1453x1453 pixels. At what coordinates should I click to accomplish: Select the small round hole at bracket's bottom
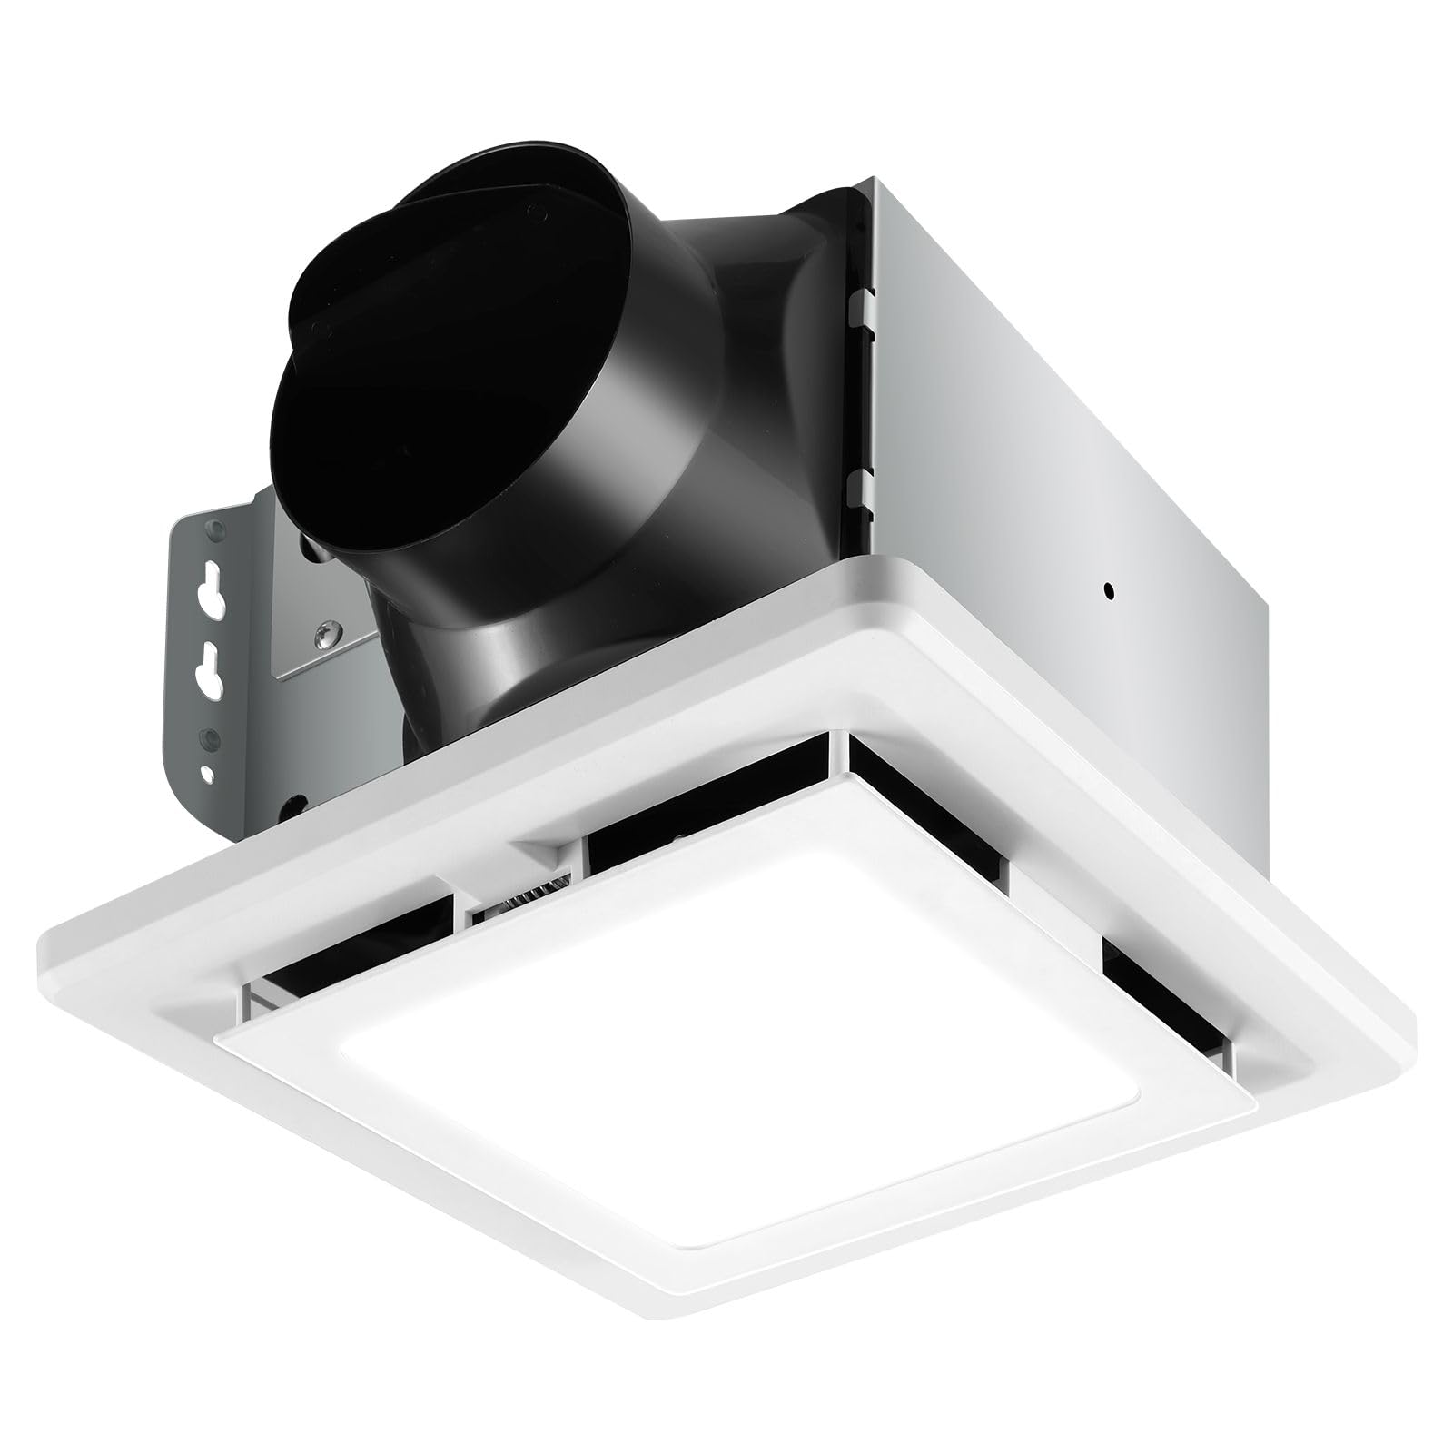coord(212,775)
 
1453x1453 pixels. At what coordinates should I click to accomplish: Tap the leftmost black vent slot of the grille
coord(345,954)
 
